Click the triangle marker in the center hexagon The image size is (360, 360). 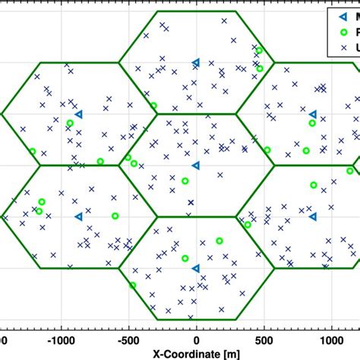tap(196, 165)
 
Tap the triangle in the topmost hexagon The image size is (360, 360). tap(196, 62)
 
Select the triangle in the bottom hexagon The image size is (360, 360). tap(196, 267)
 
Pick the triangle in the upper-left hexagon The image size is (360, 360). tap(78, 114)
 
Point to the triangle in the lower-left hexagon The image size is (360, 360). tap(78, 216)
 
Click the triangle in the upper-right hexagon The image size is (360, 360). tap(313, 114)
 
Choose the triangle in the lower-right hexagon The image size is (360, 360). tap(313, 216)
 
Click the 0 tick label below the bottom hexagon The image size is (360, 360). tap(196, 342)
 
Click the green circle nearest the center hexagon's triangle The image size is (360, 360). tap(185, 181)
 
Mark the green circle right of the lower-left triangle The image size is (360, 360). tap(115, 216)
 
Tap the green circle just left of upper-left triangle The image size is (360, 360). tap(69, 123)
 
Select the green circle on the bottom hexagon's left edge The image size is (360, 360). tap(132, 285)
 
